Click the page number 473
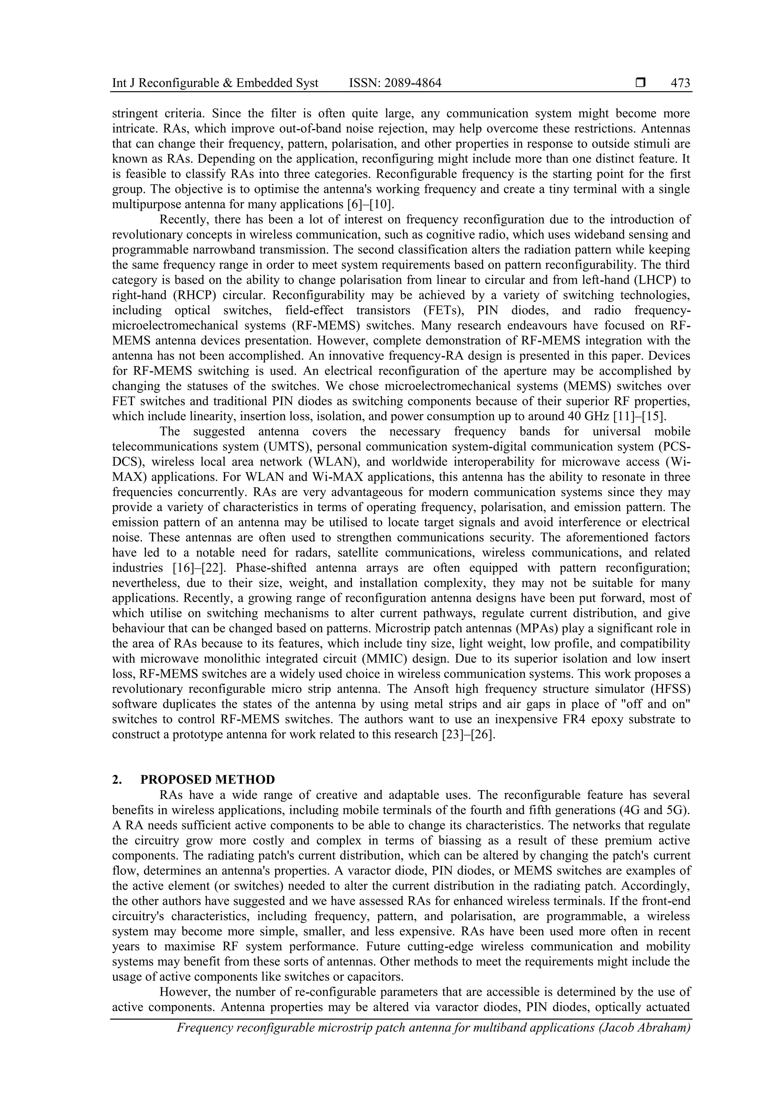pos(680,83)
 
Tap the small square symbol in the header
pos(640,83)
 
